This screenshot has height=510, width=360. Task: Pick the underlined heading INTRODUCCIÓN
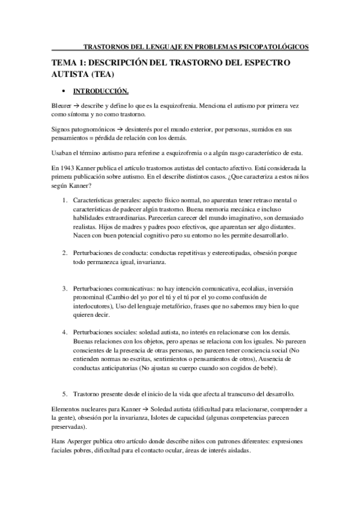click(x=101, y=91)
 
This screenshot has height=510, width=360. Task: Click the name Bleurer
click(x=61, y=105)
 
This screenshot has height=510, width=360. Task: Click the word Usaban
click(x=63, y=153)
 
